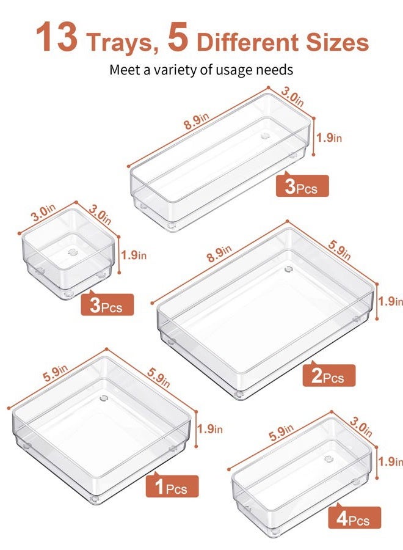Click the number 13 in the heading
[x=56, y=37]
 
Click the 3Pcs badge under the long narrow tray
[x=302, y=186]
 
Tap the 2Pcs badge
[x=329, y=375]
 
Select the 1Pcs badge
[x=172, y=486]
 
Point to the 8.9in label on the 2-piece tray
[x=219, y=255]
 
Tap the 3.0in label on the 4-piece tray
[x=361, y=425]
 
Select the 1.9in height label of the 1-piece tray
[x=210, y=428]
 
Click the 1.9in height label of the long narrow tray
[x=329, y=137]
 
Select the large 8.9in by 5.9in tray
[x=265, y=312]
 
